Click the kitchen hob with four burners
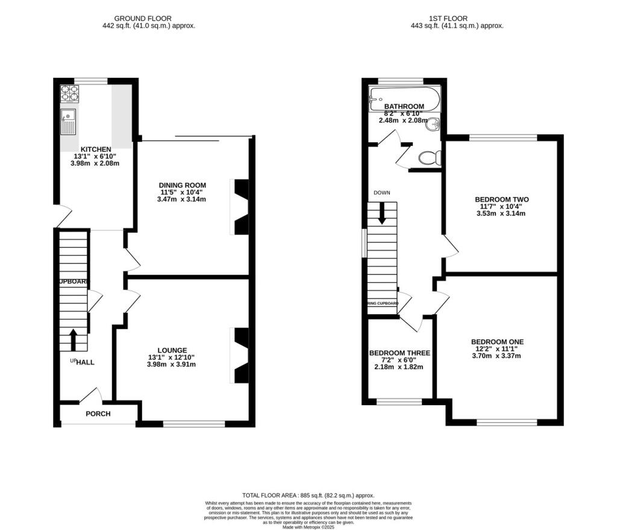(x=69, y=94)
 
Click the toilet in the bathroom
(x=430, y=158)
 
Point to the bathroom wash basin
(x=434, y=124)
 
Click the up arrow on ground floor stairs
(x=74, y=339)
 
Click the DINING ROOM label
(x=183, y=185)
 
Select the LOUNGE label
(x=172, y=350)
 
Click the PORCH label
(x=98, y=414)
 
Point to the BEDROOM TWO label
(x=497, y=199)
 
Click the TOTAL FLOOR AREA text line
(x=308, y=493)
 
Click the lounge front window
(x=194, y=424)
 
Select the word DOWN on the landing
(x=381, y=193)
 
